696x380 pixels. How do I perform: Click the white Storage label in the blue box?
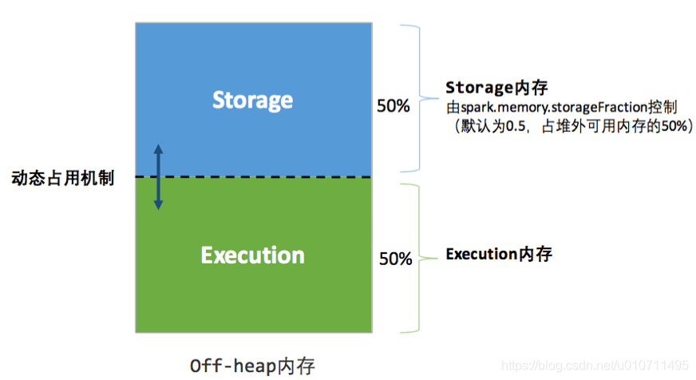(x=252, y=101)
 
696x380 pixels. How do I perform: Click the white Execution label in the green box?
(x=252, y=255)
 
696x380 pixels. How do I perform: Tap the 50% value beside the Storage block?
(x=393, y=105)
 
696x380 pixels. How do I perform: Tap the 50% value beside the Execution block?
(x=395, y=259)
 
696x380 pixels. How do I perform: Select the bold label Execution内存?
(x=499, y=255)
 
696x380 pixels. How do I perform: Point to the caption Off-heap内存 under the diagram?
(x=253, y=366)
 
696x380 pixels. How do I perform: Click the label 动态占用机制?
(x=62, y=178)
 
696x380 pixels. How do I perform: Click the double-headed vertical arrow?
(x=158, y=177)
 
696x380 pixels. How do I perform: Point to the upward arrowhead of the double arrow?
(x=158, y=148)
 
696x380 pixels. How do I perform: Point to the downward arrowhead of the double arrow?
(x=158, y=205)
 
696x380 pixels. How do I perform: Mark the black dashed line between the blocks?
(x=263, y=177)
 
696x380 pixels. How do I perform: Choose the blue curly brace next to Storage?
(x=414, y=97)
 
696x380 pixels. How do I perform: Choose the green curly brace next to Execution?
(x=414, y=257)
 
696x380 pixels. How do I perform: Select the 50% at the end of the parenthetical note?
(x=672, y=125)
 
